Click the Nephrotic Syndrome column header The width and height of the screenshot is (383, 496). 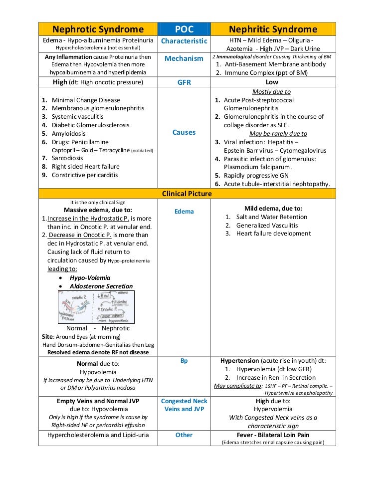pyautogui.click(x=98, y=29)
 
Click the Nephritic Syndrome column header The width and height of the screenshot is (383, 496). pyautogui.click(x=272, y=29)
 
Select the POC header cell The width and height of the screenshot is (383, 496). pyautogui.click(x=184, y=29)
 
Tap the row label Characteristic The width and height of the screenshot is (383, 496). pyautogui.click(x=184, y=41)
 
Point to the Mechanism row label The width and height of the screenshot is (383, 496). pyautogui.click(x=184, y=58)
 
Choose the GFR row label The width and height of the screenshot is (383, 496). pyautogui.click(x=184, y=82)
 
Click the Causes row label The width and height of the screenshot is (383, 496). pyautogui.click(x=184, y=132)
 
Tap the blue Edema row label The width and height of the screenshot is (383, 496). pyautogui.click(x=184, y=212)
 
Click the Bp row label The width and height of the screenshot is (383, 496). pyautogui.click(x=184, y=361)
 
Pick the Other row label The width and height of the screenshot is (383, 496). pyautogui.click(x=184, y=435)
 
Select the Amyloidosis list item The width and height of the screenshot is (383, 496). pyautogui.click(x=68, y=133)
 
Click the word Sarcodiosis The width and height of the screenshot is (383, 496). pyautogui.click(x=68, y=158)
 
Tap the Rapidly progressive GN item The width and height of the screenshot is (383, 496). pyautogui.click(x=256, y=175)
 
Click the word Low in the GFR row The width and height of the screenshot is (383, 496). pyautogui.click(x=272, y=82)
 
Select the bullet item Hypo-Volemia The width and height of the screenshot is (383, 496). pyautogui.click(x=90, y=277)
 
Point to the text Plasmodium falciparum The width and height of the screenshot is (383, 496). pyautogui.click(x=257, y=167)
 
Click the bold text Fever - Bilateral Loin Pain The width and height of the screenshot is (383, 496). pyautogui.click(x=273, y=435)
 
